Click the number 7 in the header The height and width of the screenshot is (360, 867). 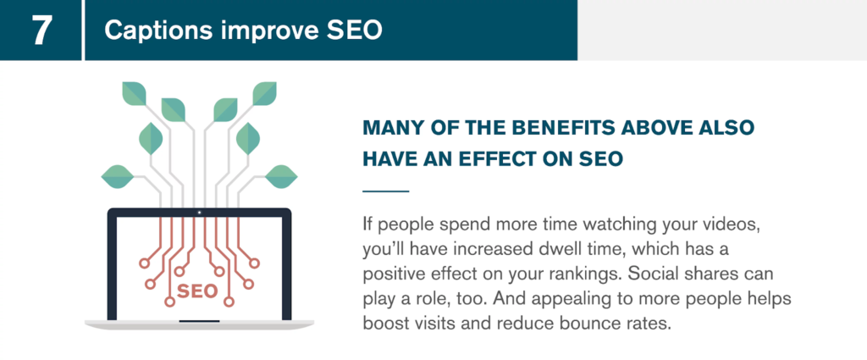tap(41, 31)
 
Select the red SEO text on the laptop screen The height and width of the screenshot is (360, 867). tap(196, 291)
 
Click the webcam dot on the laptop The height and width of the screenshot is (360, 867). tap(199, 213)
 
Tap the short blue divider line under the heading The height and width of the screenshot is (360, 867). tap(385, 191)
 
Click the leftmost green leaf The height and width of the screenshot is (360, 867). tap(117, 176)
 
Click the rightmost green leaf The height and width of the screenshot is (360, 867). tap(281, 176)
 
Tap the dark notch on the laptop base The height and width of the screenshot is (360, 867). tap(199, 321)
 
